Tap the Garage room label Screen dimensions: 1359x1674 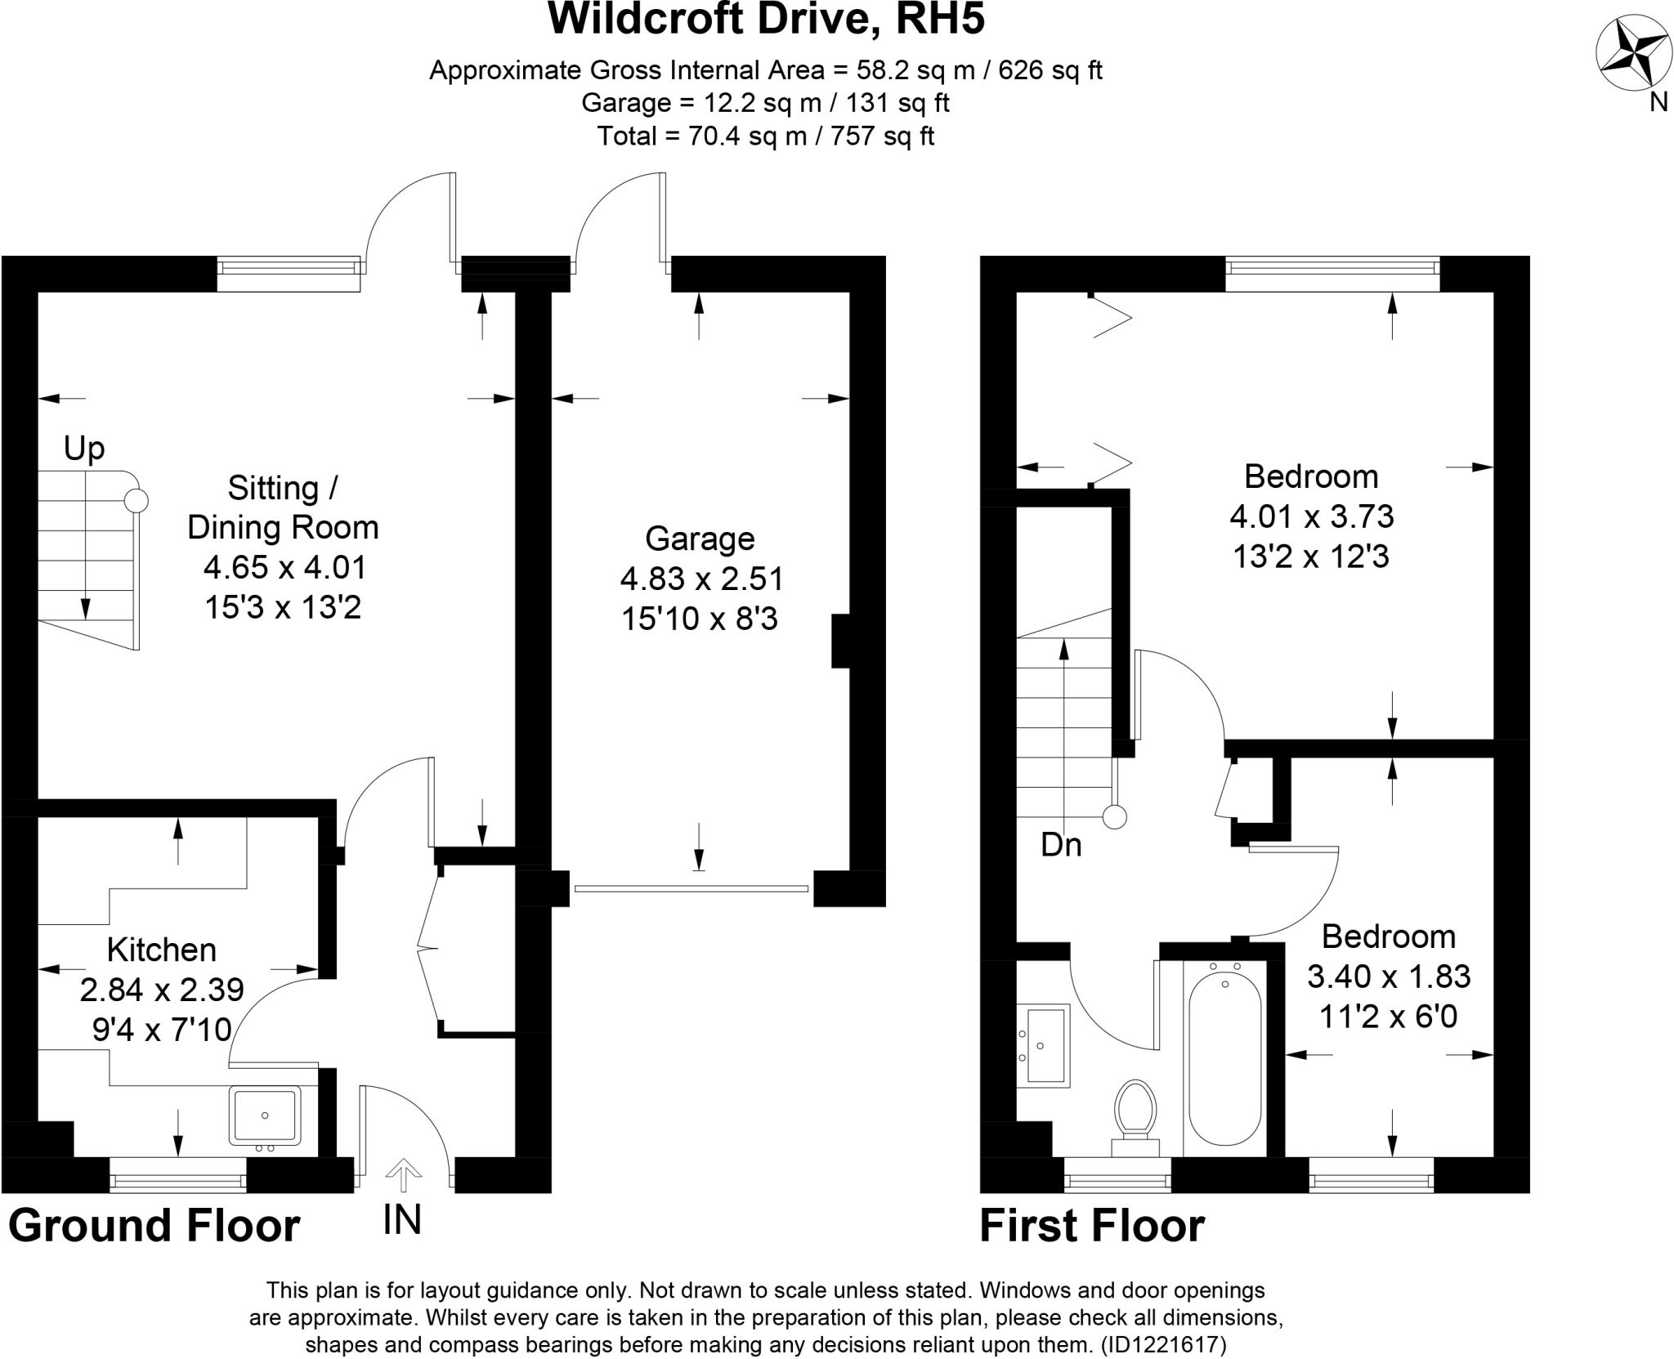(x=700, y=539)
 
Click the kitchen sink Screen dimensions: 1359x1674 (x=264, y=1115)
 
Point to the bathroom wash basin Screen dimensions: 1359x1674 (x=1046, y=1045)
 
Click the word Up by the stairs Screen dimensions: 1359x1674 (x=84, y=449)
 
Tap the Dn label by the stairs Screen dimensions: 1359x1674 (x=1061, y=845)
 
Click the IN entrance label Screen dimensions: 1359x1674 (x=402, y=1220)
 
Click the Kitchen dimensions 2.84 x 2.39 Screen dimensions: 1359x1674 (x=162, y=990)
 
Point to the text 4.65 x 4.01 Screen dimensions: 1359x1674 (x=284, y=567)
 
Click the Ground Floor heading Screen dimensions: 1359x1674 (x=154, y=1227)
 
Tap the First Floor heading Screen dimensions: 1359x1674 (x=1092, y=1227)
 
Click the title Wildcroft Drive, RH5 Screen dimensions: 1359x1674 (x=766, y=20)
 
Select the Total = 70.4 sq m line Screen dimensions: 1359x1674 (x=766, y=136)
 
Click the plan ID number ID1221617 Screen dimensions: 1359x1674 (x=1163, y=1345)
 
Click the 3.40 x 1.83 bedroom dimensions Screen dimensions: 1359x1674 (x=1389, y=977)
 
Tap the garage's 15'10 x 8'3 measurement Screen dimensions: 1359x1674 (x=700, y=619)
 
